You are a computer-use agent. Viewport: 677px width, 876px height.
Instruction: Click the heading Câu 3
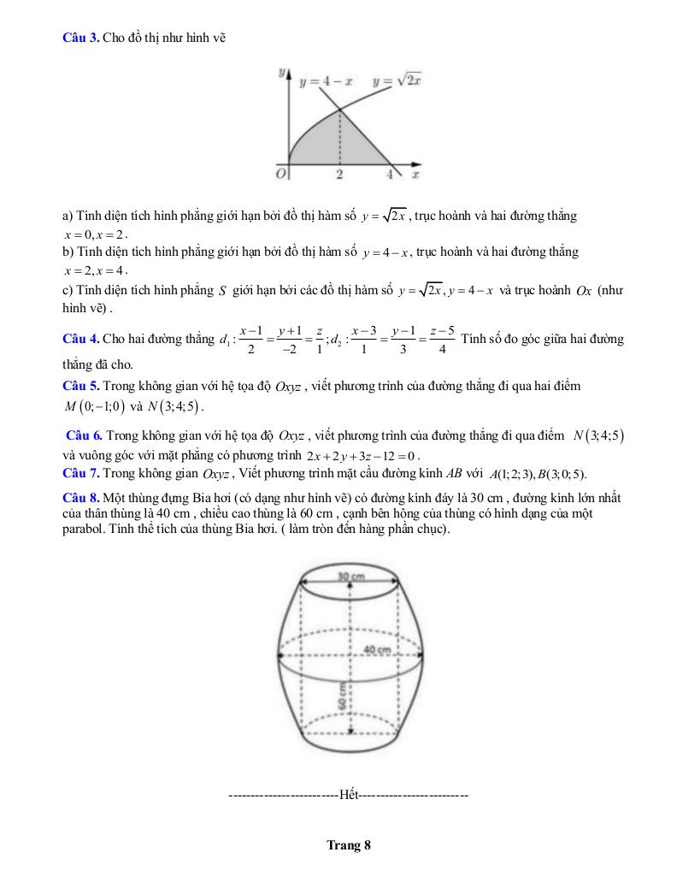81,38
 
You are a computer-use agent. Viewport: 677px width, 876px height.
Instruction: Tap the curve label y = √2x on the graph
398,81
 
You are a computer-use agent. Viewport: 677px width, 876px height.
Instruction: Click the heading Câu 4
81,340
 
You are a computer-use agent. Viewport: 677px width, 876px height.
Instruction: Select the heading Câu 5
81,386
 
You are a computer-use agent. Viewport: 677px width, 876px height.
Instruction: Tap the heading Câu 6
85,436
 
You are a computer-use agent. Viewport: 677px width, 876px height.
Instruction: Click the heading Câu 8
81,498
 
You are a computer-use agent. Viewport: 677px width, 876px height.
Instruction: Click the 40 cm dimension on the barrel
377,650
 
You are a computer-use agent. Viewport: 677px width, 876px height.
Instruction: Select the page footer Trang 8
349,846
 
